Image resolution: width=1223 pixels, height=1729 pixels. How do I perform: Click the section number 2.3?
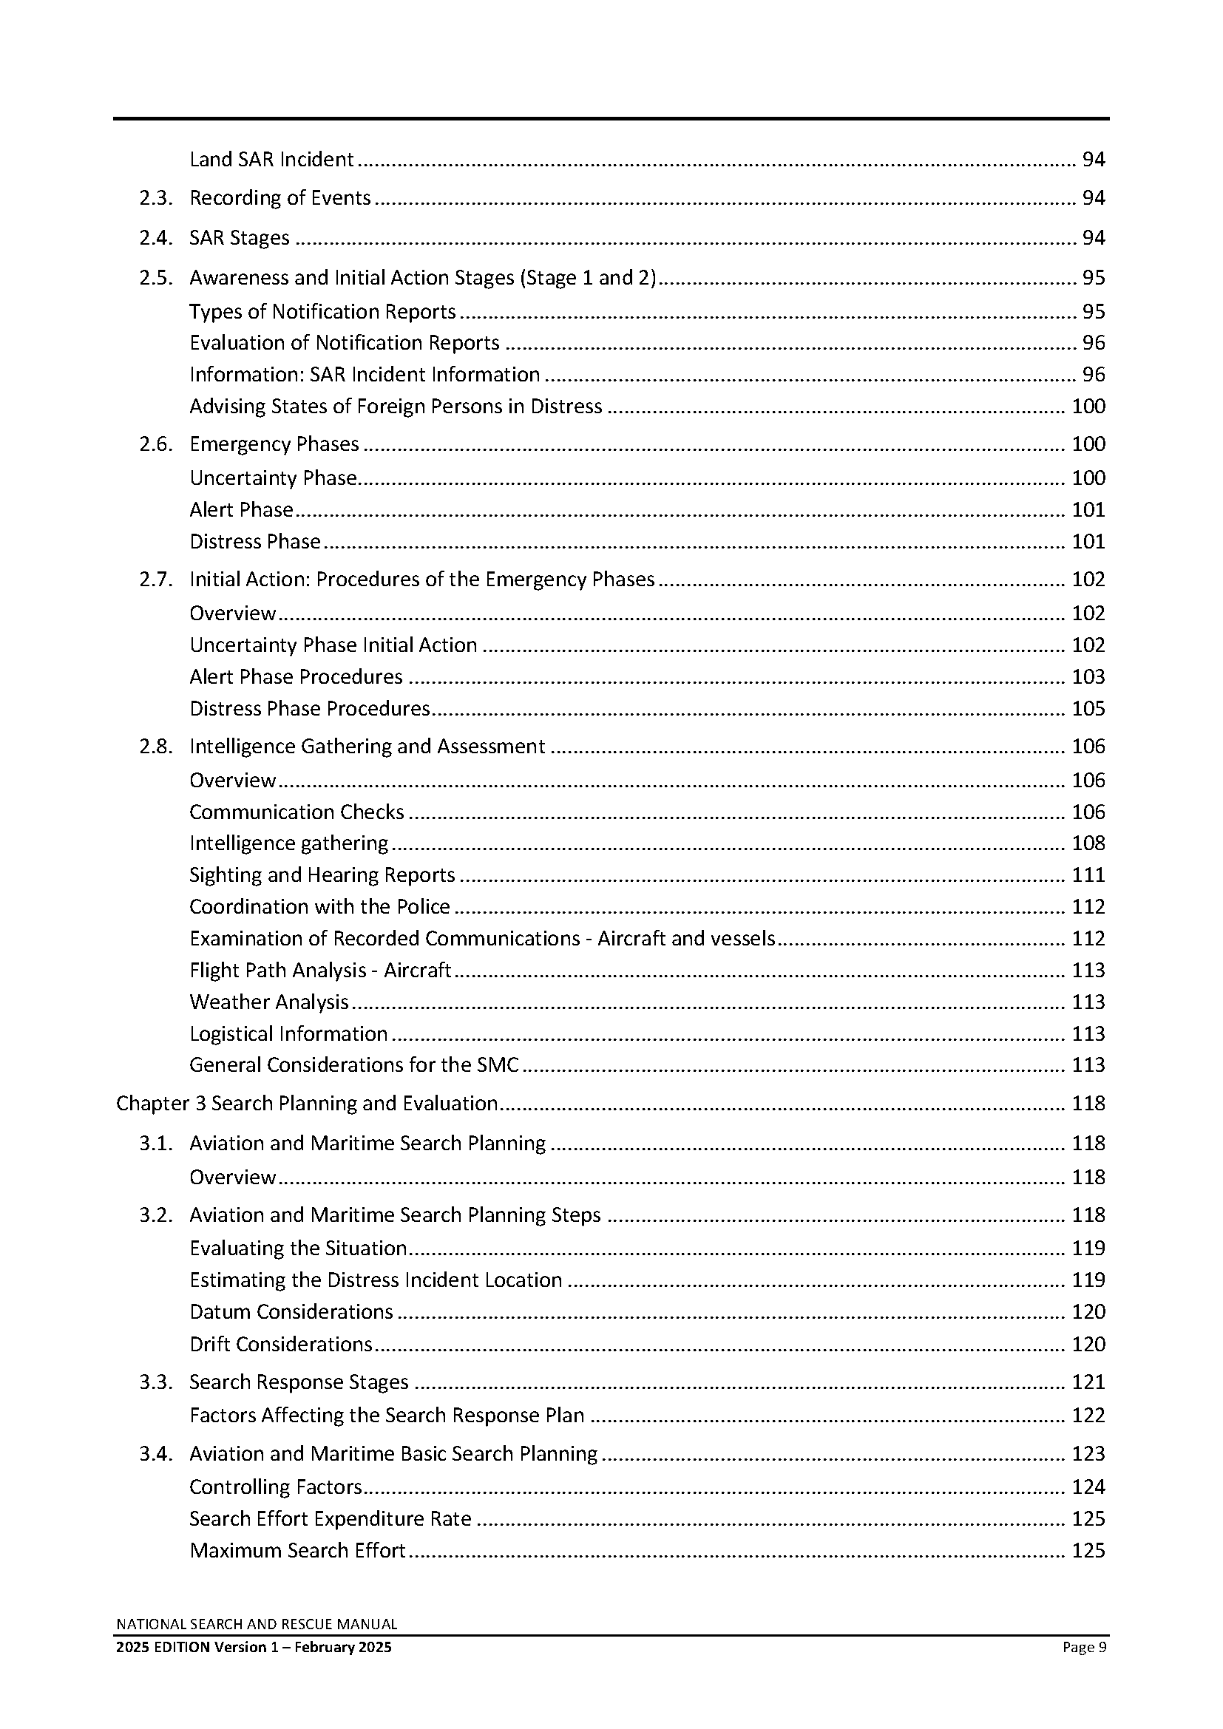156,198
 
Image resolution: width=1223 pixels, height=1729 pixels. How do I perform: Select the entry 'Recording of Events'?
280,198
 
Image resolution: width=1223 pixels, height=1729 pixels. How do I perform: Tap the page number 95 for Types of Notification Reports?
1093,312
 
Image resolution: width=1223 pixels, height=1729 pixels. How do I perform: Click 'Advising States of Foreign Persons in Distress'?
396,407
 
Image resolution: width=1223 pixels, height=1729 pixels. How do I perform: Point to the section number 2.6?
156,444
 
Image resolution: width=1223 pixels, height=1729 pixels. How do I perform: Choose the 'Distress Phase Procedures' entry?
310,709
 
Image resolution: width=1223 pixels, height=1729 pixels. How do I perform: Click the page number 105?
1088,709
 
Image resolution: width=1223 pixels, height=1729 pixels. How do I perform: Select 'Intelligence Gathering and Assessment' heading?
367,747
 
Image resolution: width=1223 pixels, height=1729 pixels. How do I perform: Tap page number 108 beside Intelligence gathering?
1088,843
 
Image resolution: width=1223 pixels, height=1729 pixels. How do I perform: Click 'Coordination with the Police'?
319,907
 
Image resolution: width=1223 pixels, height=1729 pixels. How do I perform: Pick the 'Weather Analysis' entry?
269,1002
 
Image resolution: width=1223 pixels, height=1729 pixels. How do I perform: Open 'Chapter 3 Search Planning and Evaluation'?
307,1103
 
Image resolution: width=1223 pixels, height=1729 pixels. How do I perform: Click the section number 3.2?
156,1215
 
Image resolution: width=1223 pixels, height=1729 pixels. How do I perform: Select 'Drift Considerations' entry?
281,1344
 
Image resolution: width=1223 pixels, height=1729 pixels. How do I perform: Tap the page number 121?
1088,1382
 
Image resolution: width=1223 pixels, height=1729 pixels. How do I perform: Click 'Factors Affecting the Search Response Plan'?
387,1416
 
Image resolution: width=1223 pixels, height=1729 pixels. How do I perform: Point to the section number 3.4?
156,1453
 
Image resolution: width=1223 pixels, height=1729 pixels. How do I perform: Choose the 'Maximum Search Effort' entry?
297,1551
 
